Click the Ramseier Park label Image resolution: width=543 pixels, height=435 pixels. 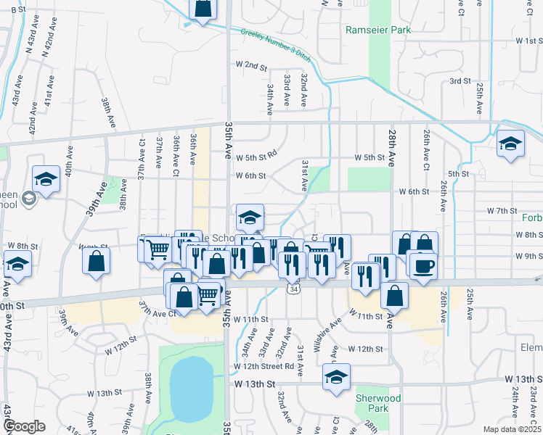click(x=378, y=30)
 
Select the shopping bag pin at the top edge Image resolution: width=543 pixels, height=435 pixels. click(x=203, y=9)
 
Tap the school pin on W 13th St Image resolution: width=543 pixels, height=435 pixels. click(x=335, y=377)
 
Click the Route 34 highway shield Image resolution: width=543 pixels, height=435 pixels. click(x=293, y=289)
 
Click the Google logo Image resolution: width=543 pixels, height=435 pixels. click(x=23, y=426)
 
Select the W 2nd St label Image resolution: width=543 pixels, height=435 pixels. click(x=251, y=66)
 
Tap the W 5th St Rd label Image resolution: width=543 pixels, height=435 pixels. click(x=256, y=154)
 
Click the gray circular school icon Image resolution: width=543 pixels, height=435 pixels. click(x=29, y=199)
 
